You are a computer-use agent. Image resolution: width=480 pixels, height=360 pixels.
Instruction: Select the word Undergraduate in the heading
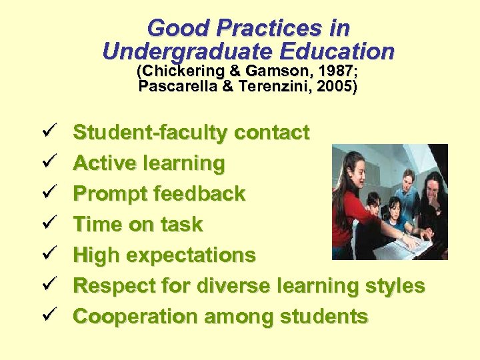185,51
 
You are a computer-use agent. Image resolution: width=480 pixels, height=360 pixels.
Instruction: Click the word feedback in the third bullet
199,194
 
